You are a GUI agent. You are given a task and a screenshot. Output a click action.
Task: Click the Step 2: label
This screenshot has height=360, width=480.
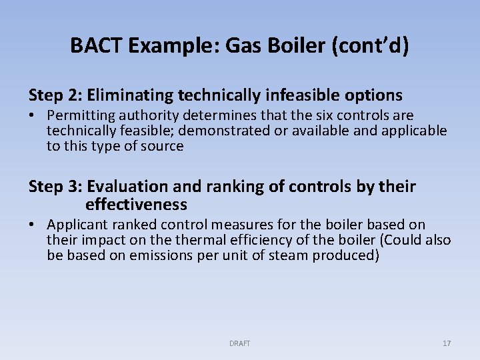(x=55, y=95)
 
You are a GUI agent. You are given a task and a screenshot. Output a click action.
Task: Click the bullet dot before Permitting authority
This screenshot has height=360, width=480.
(x=33, y=116)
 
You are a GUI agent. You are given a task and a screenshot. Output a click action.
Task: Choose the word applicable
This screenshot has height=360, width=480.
(x=413, y=131)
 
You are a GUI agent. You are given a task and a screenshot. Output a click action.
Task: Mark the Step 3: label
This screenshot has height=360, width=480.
(x=55, y=187)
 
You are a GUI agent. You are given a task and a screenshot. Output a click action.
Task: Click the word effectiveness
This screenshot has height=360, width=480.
(x=136, y=204)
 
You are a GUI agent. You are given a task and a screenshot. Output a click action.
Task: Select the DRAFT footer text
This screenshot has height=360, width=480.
(x=239, y=343)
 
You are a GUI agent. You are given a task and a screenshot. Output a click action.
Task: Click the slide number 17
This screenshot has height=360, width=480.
(x=446, y=343)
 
